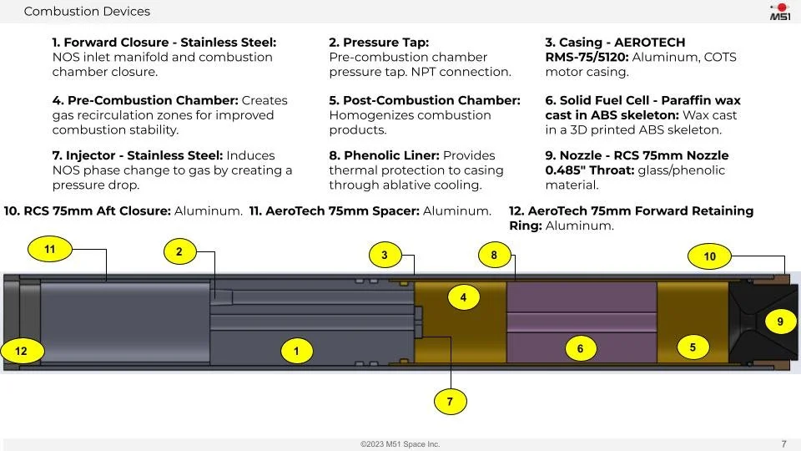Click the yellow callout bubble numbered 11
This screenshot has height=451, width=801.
pyautogui.click(x=50, y=249)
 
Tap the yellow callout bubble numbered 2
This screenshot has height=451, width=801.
pyautogui.click(x=179, y=251)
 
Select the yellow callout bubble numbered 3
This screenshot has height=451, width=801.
pyautogui.click(x=384, y=256)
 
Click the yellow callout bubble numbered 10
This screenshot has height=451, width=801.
pyautogui.click(x=709, y=256)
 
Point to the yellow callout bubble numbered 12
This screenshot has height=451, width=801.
pyautogui.click(x=22, y=352)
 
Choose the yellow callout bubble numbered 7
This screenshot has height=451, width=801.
pyautogui.click(x=450, y=402)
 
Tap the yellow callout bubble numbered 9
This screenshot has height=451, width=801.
pyautogui.click(x=780, y=322)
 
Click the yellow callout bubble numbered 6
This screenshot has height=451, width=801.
pyautogui.click(x=581, y=349)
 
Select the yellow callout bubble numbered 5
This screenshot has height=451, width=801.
pyautogui.click(x=693, y=346)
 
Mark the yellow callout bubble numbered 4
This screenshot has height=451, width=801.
pyautogui.click(x=463, y=296)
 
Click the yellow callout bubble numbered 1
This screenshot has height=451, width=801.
pyautogui.click(x=296, y=352)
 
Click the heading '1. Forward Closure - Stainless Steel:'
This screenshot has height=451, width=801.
pyautogui.click(x=164, y=43)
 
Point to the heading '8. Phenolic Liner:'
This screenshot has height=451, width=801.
pyautogui.click(x=385, y=155)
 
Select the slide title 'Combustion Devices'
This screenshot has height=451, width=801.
pyautogui.click(x=87, y=12)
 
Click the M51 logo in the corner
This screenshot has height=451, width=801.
pyautogui.click(x=779, y=12)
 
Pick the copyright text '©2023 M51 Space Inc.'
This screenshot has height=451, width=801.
pyautogui.click(x=400, y=444)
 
